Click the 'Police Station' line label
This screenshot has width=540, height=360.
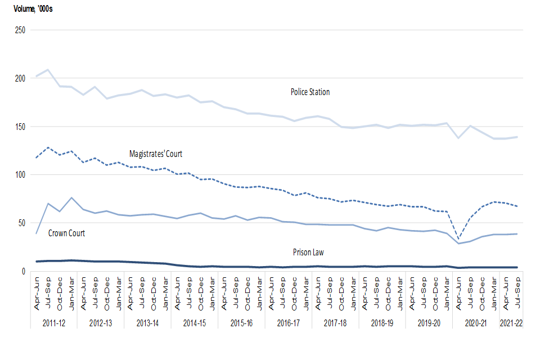tap(310, 92)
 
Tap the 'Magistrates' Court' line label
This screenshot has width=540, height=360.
tap(156, 154)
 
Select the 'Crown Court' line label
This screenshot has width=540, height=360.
tap(66, 233)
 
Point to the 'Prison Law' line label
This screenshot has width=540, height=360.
tap(308, 252)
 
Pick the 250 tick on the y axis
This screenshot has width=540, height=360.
tap(20, 30)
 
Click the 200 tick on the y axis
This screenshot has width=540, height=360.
tap(20, 78)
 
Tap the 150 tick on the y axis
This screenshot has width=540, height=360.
tap(20, 127)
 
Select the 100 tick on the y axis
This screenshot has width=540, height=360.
tap(20, 175)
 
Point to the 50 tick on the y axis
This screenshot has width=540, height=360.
tap(22, 223)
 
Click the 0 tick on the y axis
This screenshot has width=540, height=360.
tap(24, 271)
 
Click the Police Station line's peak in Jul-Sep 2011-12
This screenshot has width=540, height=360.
tap(48, 70)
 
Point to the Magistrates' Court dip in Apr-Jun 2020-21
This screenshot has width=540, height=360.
tap(459, 239)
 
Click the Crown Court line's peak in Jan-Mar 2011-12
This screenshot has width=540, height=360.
tap(72, 197)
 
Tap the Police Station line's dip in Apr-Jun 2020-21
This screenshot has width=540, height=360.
tap(459, 138)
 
